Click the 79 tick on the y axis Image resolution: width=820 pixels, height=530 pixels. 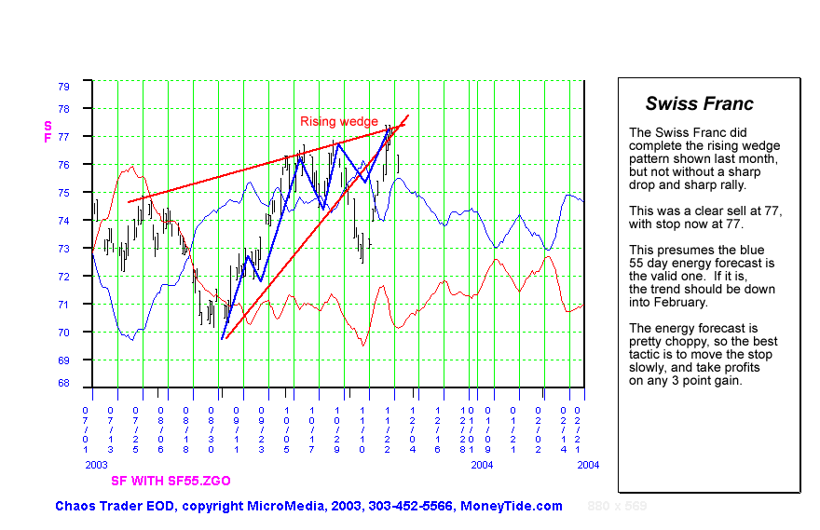63,86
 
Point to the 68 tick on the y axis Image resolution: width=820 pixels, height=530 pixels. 63,383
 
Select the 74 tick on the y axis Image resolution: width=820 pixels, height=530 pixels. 63,221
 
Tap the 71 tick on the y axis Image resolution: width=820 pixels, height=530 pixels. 63,304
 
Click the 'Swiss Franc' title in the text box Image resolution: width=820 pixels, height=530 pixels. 699,104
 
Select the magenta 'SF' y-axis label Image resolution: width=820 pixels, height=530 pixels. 48,131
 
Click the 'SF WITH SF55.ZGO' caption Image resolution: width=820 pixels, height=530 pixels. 171,481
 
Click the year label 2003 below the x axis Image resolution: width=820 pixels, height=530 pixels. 96,464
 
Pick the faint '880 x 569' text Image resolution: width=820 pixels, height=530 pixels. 617,506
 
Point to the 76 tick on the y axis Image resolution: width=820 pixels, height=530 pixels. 63,165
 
